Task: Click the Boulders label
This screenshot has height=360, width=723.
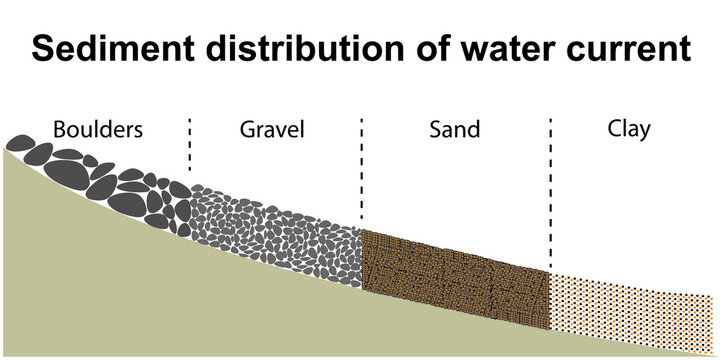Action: (98, 129)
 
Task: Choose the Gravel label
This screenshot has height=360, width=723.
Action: (272, 129)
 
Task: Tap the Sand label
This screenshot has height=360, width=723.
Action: (455, 129)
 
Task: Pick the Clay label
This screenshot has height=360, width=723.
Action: (629, 129)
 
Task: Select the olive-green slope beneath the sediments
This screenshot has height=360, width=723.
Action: (150, 300)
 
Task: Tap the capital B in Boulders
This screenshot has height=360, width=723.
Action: (59, 129)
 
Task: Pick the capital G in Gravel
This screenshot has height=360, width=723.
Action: (247, 129)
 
